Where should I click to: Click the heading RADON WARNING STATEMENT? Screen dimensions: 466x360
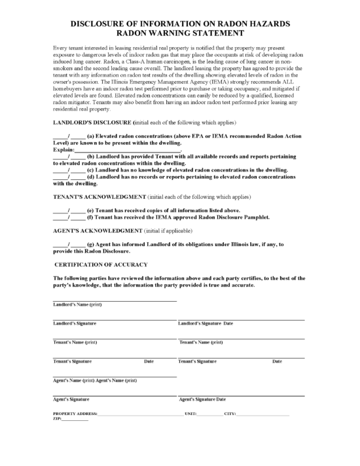[180, 32]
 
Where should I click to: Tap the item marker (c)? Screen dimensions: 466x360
[91, 169]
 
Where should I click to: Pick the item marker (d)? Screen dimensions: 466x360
[91, 176]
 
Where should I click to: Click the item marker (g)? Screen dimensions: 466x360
[91, 245]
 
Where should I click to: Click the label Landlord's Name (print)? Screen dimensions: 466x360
[77, 304]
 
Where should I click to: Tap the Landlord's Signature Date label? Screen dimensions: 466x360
[206, 323]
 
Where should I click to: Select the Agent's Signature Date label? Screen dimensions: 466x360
[202, 399]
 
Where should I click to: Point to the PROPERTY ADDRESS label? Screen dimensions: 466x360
[75, 414]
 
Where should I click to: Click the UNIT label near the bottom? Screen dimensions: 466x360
[190, 414]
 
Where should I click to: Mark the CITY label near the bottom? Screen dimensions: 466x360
[230, 414]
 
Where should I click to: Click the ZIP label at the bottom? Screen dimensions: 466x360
[56, 420]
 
